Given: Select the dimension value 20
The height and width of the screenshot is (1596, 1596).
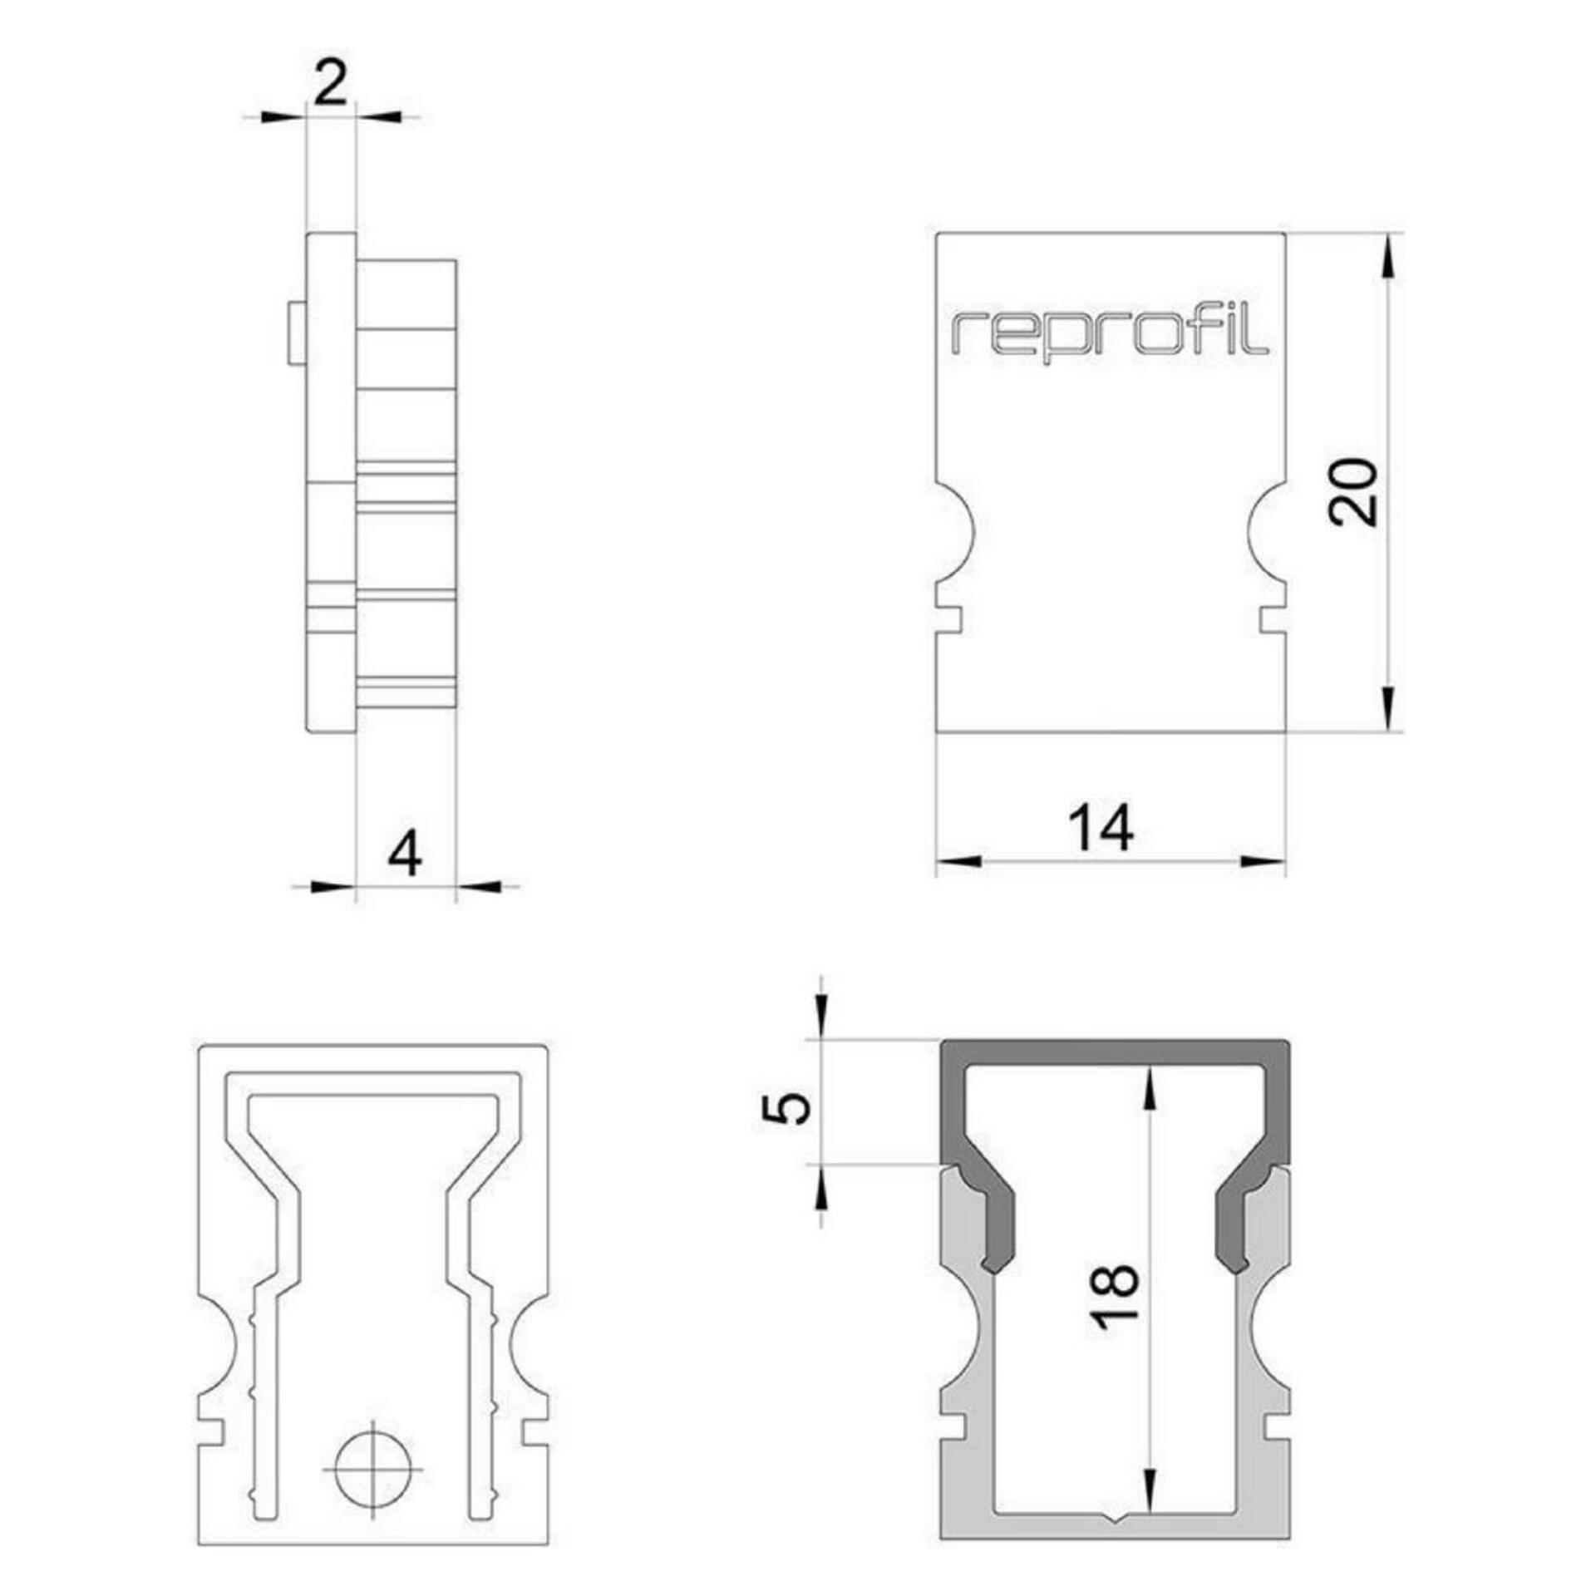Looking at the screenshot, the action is click(1352, 491).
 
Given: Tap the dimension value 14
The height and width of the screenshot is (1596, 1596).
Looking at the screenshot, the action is click(1101, 828).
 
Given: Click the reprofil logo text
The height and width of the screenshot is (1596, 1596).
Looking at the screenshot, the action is click(1110, 336).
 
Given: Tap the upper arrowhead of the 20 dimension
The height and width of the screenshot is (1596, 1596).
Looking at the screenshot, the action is click(1387, 257).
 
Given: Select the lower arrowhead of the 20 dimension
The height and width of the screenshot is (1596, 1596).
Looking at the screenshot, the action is click(1387, 708).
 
